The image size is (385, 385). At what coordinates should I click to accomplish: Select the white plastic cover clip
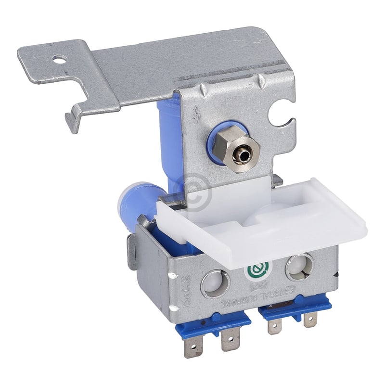[x=269, y=217]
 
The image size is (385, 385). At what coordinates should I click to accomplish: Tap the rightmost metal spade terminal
[x=310, y=320]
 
